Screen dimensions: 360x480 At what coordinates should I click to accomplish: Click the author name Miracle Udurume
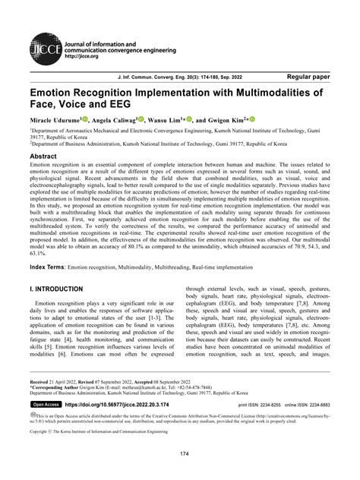[52, 119]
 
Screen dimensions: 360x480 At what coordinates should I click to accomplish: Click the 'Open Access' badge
[49, 406]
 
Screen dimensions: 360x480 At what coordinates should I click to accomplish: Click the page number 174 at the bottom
[179, 454]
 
